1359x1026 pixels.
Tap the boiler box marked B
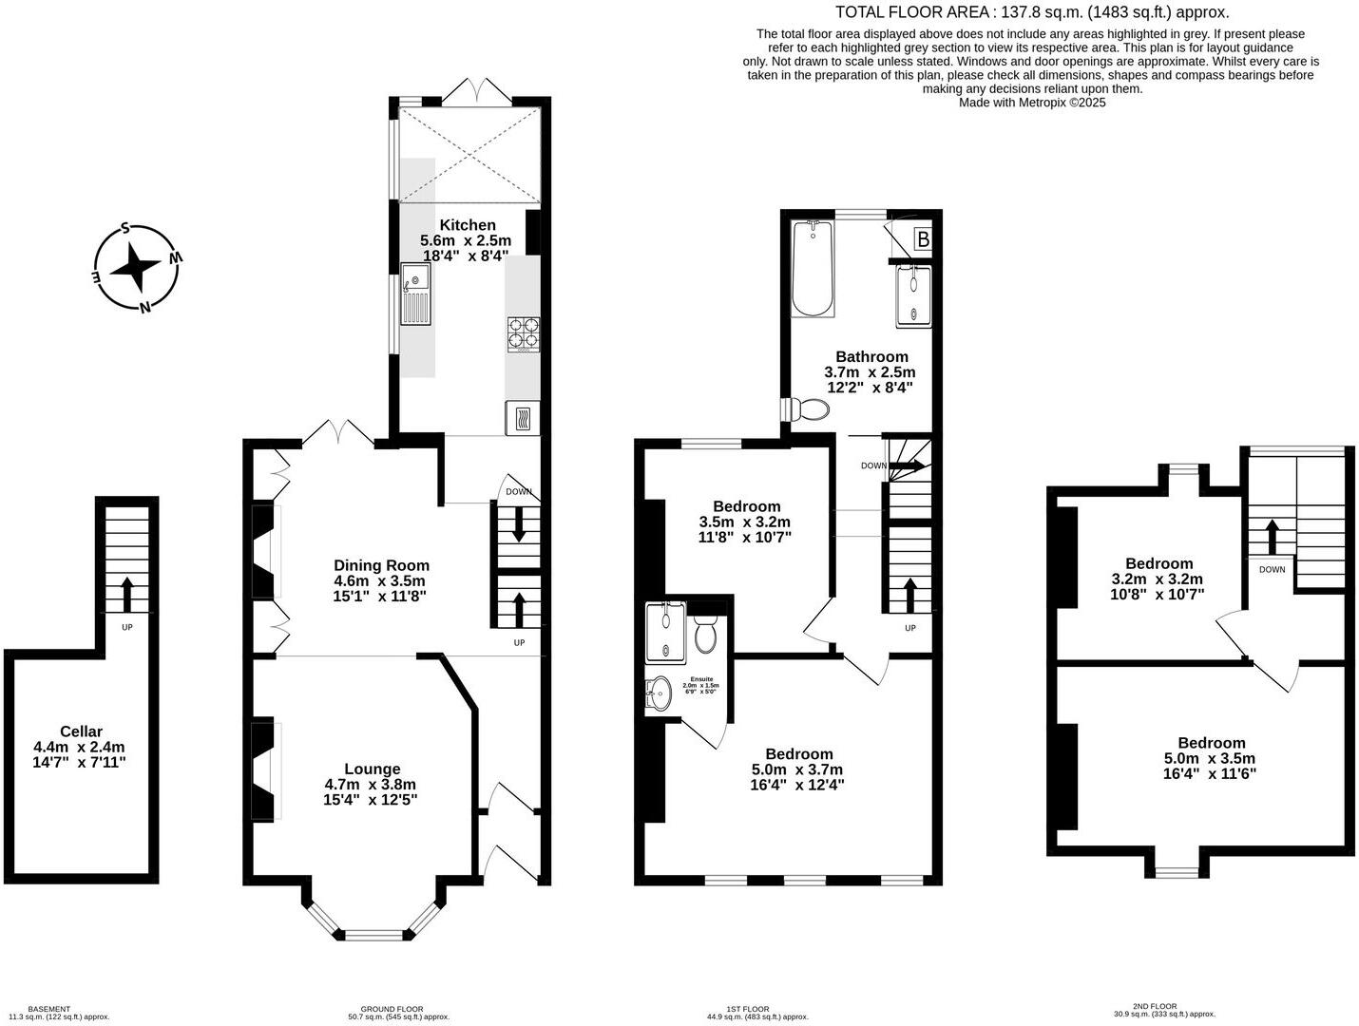pos(922,239)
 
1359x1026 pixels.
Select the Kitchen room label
pos(467,225)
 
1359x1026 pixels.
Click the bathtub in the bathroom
pos(813,269)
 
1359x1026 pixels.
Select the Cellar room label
pos(81,731)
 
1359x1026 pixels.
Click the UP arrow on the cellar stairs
pos(126,593)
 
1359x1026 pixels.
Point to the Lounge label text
pos(372,769)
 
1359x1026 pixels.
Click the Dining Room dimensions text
pos(379,589)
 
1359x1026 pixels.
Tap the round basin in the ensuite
pos(658,693)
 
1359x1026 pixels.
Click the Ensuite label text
pos(701,679)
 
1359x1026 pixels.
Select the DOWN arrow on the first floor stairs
pos(907,465)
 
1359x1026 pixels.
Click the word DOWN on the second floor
pos(1272,570)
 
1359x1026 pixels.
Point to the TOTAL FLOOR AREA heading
pos(1031,12)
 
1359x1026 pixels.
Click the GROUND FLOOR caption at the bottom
pos(392,1009)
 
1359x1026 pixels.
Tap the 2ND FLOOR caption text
pos(1155,1006)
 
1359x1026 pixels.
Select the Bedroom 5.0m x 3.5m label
pos(1210,758)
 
